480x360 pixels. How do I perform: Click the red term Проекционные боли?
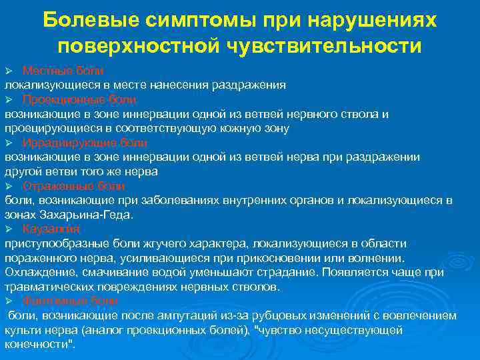79,99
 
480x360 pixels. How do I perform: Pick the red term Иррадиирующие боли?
85,143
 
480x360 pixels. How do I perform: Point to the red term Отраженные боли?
73,185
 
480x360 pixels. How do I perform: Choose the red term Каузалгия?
51,229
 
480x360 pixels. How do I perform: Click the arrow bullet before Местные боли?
9,71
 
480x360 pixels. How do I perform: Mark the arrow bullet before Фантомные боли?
9,301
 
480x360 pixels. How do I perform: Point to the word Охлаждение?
36,273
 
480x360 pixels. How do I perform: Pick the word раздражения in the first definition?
249,85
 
